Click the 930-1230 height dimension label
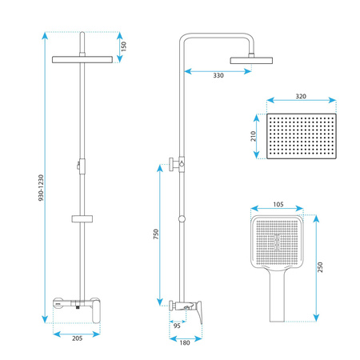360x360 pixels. point(41,187)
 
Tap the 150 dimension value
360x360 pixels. point(124,46)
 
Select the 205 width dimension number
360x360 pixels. point(78,338)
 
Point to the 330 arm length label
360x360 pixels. point(218,75)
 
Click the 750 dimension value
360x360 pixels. point(156,234)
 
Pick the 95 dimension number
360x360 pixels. point(177,326)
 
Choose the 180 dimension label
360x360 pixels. point(185,342)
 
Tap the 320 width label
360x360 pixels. point(301,96)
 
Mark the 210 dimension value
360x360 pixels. point(253,136)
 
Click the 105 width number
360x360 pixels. point(278,205)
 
